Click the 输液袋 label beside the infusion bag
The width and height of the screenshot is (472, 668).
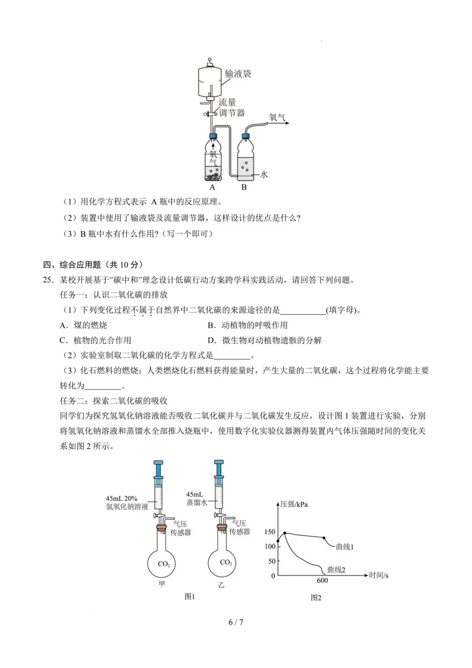click(238, 74)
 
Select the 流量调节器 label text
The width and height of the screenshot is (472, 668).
click(232, 108)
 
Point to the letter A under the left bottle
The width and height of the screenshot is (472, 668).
click(212, 187)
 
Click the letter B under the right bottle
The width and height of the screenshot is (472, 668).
click(244, 187)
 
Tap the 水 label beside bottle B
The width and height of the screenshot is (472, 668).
click(264, 174)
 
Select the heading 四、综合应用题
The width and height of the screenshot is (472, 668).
click(72, 264)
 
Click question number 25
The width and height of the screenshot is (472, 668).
click(48, 280)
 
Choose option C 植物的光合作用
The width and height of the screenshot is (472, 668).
click(96, 340)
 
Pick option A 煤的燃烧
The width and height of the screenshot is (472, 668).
click(83, 325)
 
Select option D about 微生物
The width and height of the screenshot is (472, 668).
click(265, 340)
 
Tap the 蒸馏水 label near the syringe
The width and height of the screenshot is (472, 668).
click(196, 502)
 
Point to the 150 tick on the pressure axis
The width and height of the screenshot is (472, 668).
click(270, 532)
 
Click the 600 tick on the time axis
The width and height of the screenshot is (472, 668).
click(322, 581)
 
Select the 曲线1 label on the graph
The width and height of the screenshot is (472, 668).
click(344, 547)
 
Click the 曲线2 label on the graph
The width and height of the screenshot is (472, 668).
click(336, 570)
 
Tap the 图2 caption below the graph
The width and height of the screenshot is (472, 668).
click(316, 598)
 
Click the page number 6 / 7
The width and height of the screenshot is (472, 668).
click(236, 622)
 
